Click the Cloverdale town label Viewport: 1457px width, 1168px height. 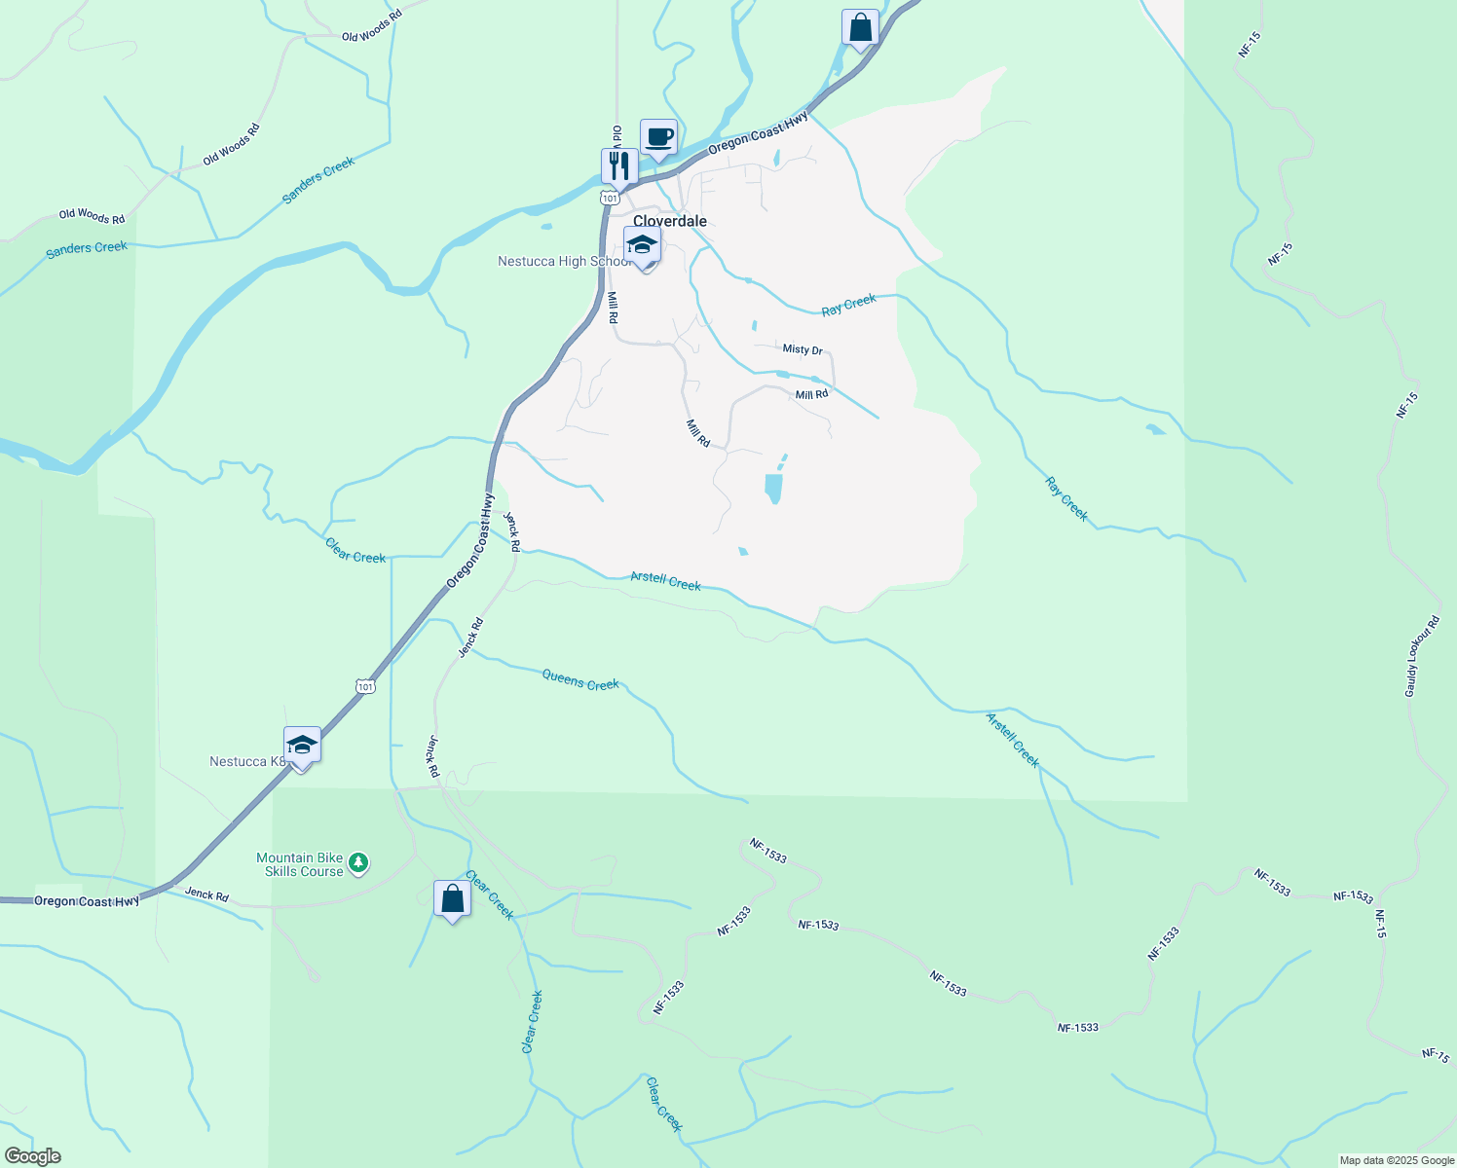click(x=670, y=221)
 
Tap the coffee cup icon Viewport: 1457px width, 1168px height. click(x=658, y=137)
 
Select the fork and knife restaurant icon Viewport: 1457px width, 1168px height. click(x=618, y=166)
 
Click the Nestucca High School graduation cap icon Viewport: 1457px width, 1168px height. click(x=642, y=245)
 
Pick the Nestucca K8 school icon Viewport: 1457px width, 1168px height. click(x=302, y=747)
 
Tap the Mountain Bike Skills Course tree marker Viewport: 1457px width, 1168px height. click(x=358, y=862)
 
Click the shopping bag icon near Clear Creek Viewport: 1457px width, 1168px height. click(x=452, y=899)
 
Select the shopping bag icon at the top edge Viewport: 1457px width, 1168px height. click(x=860, y=28)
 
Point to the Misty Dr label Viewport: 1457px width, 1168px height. click(x=803, y=349)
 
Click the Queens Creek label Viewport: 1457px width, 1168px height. click(x=580, y=679)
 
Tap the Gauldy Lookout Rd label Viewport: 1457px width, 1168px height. click(x=1422, y=657)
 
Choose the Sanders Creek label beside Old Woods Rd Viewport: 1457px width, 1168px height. click(x=318, y=180)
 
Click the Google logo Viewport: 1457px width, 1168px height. click(x=32, y=1156)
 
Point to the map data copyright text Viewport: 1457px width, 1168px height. click(x=1397, y=1160)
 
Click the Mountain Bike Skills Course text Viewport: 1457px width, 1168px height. click(x=300, y=864)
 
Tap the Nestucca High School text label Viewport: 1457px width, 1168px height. click(x=563, y=262)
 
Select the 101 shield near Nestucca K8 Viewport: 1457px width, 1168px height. click(x=365, y=686)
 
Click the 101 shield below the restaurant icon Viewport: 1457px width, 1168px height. click(x=610, y=198)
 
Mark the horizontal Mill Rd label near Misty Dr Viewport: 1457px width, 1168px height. click(x=811, y=394)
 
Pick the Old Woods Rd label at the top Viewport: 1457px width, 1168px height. click(x=371, y=26)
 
